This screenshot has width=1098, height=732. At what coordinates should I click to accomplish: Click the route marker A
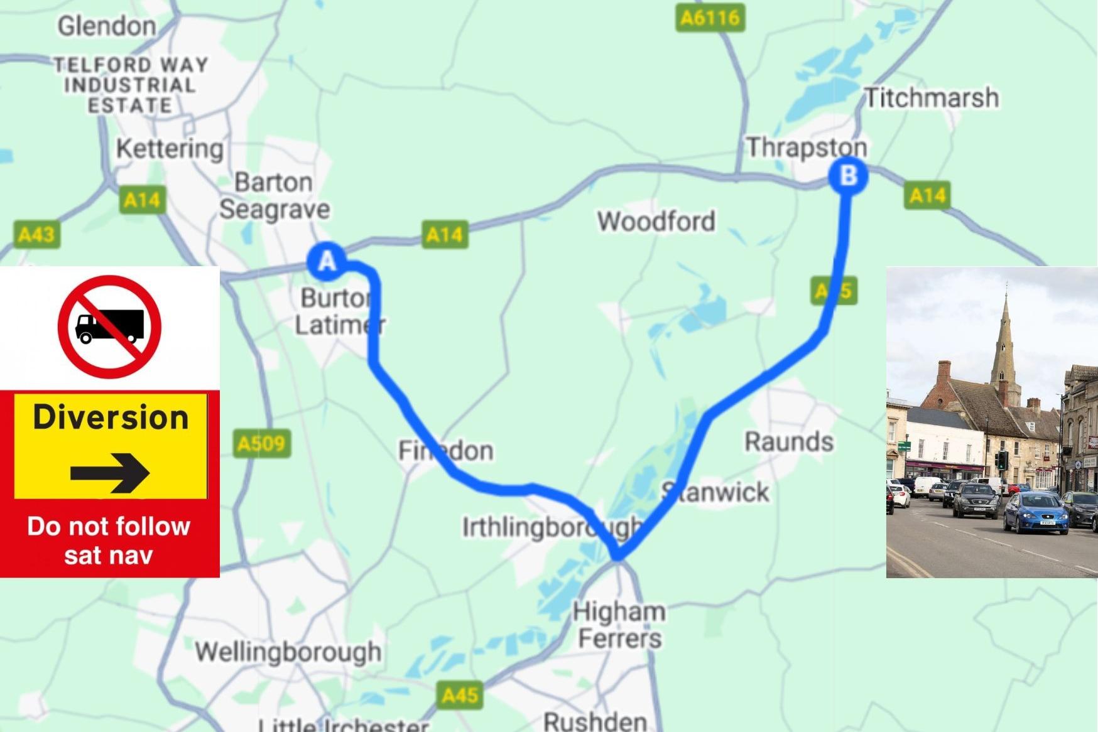coord(327,261)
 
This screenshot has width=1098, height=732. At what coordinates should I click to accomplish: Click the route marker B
coord(848,175)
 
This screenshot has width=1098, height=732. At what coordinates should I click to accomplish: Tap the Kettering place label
coord(170,149)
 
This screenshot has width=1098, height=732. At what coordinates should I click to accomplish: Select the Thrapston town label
coord(807,148)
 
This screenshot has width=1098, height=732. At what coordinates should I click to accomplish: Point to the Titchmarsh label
coord(932,97)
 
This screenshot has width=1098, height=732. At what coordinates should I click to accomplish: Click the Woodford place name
coord(656,221)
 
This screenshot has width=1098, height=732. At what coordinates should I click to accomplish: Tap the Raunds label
coord(789,441)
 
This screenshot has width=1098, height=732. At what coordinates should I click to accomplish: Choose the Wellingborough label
coord(288,652)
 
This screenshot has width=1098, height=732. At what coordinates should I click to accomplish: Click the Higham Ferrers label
coord(619,625)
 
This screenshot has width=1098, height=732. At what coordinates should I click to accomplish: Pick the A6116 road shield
coord(710,18)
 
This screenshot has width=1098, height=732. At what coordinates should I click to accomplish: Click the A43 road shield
coord(36,235)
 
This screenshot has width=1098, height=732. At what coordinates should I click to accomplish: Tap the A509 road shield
coord(261,444)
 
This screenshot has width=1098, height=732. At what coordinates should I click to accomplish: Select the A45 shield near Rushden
coord(460,695)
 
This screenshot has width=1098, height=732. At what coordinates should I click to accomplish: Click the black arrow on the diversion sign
coord(110,472)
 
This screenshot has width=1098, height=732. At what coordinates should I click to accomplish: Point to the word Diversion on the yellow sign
coord(111,417)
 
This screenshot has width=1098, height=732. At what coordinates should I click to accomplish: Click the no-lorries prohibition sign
coord(110,326)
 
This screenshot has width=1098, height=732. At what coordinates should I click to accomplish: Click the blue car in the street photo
coord(1036,512)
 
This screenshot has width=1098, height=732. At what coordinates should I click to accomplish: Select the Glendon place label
coord(107,26)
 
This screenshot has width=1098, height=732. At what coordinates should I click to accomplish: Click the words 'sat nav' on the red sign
coord(109,556)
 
